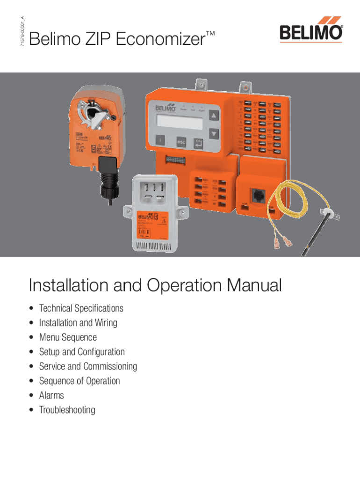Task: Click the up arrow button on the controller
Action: click(214, 116)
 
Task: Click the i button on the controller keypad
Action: click(160, 141)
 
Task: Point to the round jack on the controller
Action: click(256, 195)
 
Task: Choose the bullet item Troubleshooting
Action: click(67, 410)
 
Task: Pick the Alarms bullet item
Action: click(51, 396)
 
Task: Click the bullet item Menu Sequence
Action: click(68, 337)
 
